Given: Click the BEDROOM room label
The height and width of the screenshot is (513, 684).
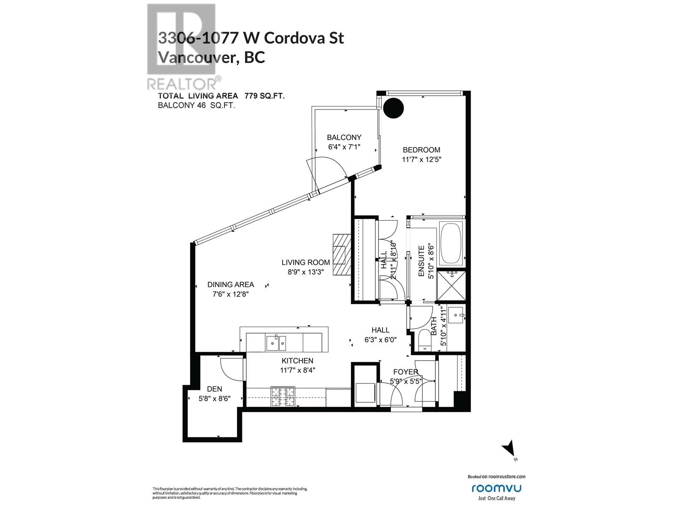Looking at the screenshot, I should pos(421,150).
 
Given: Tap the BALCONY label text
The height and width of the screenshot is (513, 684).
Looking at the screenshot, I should pos(344,137).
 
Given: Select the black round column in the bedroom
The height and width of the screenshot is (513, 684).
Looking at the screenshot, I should pos(393,108).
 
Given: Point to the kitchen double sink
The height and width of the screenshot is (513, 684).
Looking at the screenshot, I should pos(276,343).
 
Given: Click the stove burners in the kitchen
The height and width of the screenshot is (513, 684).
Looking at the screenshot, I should pos(280,396).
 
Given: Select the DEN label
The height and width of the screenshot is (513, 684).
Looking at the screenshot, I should pos(214,389).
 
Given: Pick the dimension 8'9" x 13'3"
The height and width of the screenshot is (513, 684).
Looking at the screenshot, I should pos(306,271).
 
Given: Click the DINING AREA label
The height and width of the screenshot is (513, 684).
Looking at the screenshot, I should pos(230,284).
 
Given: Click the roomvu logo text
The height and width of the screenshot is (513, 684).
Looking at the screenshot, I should pos(496,488).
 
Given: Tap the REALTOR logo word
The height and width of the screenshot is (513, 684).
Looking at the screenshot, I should pos(184,83).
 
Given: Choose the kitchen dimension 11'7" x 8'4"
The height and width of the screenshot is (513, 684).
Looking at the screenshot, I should pos(297,370).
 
